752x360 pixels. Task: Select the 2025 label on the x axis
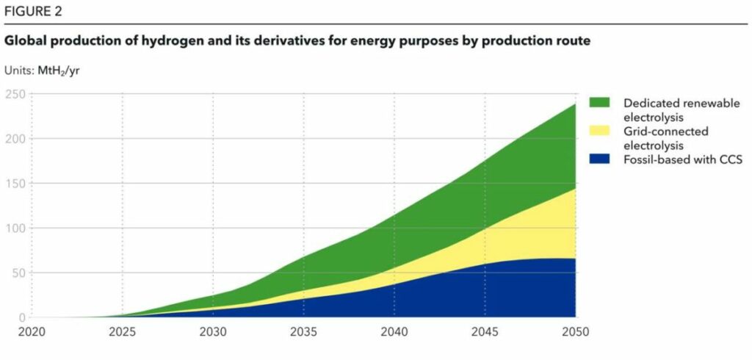(x=123, y=332)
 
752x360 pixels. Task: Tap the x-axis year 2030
(x=214, y=332)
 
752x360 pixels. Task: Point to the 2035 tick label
(x=304, y=332)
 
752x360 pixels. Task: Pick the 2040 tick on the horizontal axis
(x=394, y=332)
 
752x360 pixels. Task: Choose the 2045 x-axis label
(x=485, y=332)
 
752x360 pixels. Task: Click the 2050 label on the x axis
(x=576, y=332)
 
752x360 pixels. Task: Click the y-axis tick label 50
(x=18, y=273)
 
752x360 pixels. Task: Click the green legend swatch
(x=599, y=103)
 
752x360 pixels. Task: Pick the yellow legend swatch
(x=599, y=131)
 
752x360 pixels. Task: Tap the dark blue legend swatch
(x=599, y=159)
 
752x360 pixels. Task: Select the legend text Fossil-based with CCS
(x=683, y=159)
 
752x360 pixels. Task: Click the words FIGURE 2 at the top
(x=33, y=12)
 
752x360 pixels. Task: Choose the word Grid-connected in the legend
(x=665, y=131)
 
